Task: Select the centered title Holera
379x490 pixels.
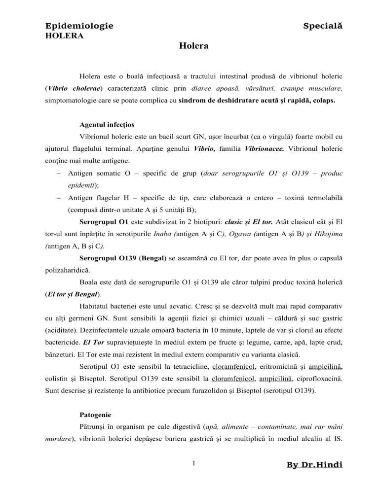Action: (x=193, y=46)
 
